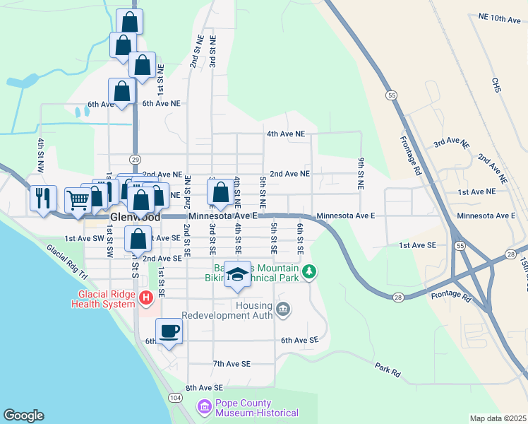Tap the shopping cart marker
point(78,199)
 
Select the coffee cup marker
point(169,331)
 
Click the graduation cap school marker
point(238,275)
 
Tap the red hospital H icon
point(145,298)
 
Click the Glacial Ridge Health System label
point(103,299)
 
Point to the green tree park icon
point(308,271)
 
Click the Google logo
point(24,416)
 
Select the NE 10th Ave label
point(498,18)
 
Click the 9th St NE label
point(360,173)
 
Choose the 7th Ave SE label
point(232,364)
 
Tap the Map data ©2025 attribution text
point(498,418)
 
